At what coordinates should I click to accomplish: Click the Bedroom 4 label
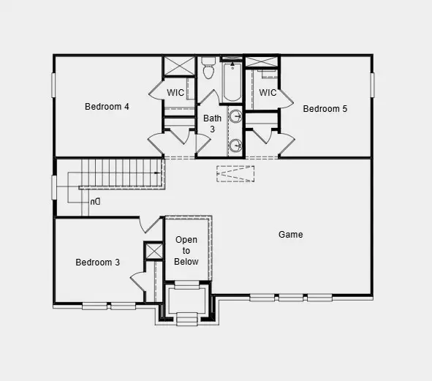coord(107,107)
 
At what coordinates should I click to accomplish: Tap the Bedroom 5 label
coord(325,109)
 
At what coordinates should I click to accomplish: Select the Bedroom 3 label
coord(98,263)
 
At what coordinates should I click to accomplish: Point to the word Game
coord(290,235)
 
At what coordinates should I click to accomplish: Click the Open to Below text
coord(186,251)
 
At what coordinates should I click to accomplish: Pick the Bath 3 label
coord(212,124)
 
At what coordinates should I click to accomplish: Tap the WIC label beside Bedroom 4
coord(175,93)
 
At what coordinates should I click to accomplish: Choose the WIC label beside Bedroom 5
coord(268,93)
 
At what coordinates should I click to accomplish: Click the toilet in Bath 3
coord(208,70)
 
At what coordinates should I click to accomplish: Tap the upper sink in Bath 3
coord(236,117)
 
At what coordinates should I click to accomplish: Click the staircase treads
coord(121,176)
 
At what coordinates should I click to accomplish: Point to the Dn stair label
coord(95,201)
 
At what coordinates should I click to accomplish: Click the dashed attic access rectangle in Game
coord(235,174)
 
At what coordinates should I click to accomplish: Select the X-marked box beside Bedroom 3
coord(154,252)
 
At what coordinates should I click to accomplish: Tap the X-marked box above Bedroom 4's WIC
coord(178,66)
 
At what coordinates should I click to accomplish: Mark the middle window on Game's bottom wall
coord(290,298)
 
